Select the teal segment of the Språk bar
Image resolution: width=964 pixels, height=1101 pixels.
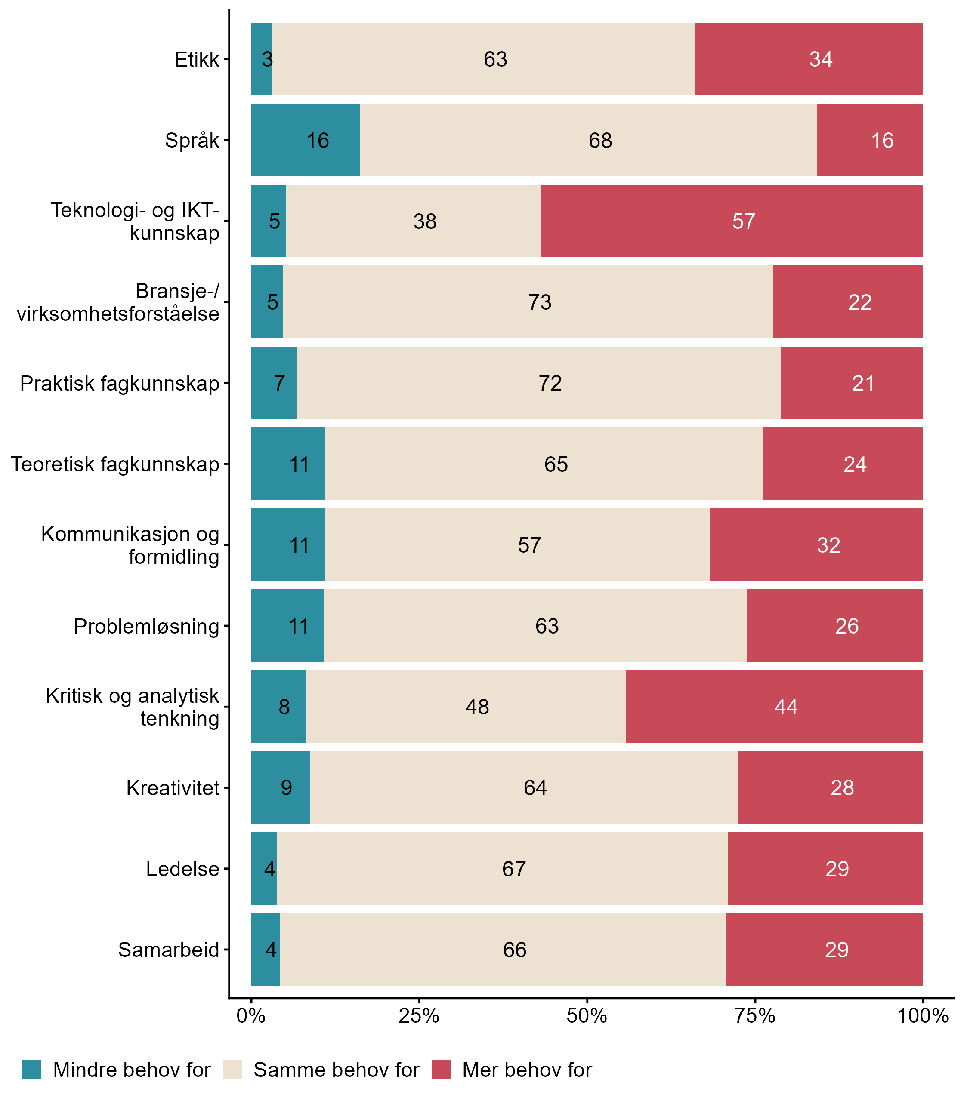[x=305, y=140]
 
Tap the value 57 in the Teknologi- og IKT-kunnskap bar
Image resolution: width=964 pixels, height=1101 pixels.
[x=744, y=221]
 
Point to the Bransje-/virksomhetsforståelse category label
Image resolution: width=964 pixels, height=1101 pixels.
[x=118, y=302]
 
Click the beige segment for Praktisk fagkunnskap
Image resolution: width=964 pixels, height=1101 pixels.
[x=538, y=383]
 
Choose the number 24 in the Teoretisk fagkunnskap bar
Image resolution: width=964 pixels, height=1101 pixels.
[x=855, y=464]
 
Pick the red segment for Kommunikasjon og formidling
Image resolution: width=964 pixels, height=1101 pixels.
[x=816, y=544]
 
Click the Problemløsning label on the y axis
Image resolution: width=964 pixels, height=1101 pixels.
[x=146, y=626]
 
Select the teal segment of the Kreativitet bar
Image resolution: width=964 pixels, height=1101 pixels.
[x=280, y=787]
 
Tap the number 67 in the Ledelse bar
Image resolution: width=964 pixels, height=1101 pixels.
[x=514, y=869]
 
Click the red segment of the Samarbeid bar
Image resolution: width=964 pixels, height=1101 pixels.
[x=824, y=950]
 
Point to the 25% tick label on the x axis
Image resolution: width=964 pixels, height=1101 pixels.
[x=418, y=1015]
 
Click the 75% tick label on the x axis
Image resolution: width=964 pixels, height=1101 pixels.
[x=755, y=1015]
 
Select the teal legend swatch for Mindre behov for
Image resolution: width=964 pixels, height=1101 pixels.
[x=32, y=1069]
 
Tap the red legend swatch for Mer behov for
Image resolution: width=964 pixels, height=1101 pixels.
[x=441, y=1069]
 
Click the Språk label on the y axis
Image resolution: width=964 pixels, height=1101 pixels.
[x=192, y=140]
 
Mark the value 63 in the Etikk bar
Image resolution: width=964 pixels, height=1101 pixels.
[x=495, y=59]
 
